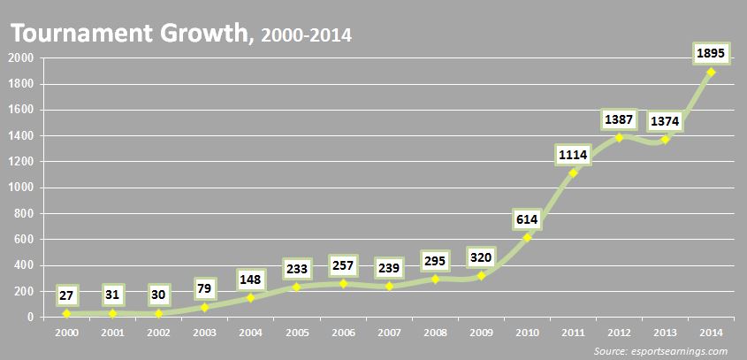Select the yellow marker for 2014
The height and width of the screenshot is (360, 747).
711,72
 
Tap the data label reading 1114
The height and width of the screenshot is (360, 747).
573,156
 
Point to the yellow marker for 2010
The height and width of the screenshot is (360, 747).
527,237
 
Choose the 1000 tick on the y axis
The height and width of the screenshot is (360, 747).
21,188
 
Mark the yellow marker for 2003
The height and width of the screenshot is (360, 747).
204,307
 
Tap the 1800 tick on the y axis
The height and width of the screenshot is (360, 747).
21,84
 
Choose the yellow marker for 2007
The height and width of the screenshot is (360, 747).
389,286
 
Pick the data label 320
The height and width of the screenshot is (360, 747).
481,257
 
